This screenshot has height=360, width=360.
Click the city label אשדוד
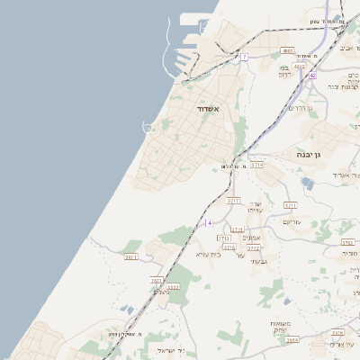pyautogui.click(x=208, y=108)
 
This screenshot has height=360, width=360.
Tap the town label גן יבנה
pyautogui.click(x=311, y=155)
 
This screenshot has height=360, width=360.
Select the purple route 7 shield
pyautogui.click(x=244, y=57)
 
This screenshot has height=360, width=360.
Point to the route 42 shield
pyautogui.click(x=312, y=76)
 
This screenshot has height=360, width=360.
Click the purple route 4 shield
pyautogui.click(x=209, y=221)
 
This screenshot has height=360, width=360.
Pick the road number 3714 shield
pyautogui.click(x=257, y=166)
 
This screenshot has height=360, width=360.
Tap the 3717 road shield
pyautogui.click(x=234, y=200)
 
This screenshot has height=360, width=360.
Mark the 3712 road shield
pyautogui.click(x=254, y=247)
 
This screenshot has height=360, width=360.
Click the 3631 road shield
pyautogui.click(x=132, y=257)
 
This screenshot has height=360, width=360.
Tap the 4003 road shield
pyautogui.click(x=287, y=50)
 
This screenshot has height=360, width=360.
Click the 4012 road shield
pyautogui.click(x=300, y=66)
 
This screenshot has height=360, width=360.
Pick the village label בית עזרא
pyautogui.click(x=208, y=254)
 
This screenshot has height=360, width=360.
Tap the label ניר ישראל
pyautogui.click(x=170, y=350)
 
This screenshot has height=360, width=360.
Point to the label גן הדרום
pyautogui.click(x=299, y=108)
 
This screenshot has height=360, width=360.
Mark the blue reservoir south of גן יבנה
pyautogui.click(x=309, y=183)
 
